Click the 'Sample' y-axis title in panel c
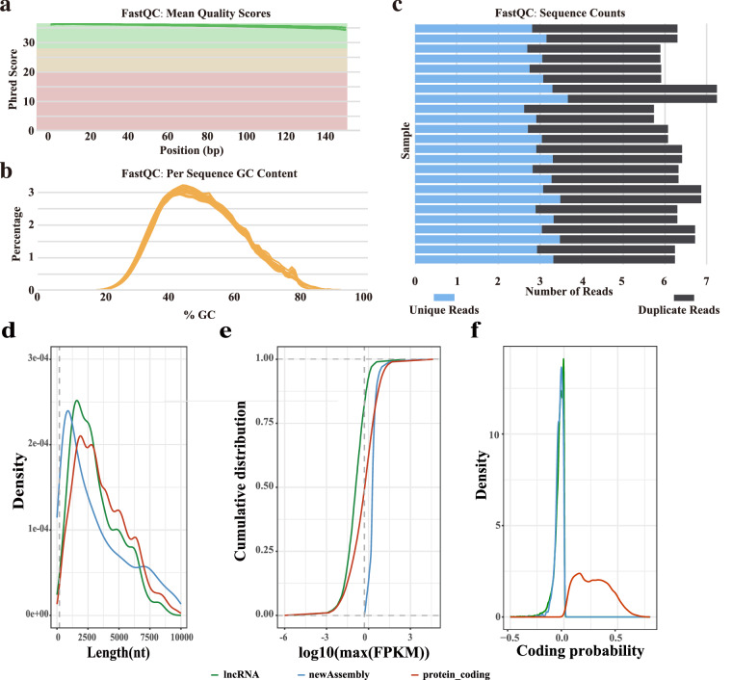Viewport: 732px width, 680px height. pos(406,144)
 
